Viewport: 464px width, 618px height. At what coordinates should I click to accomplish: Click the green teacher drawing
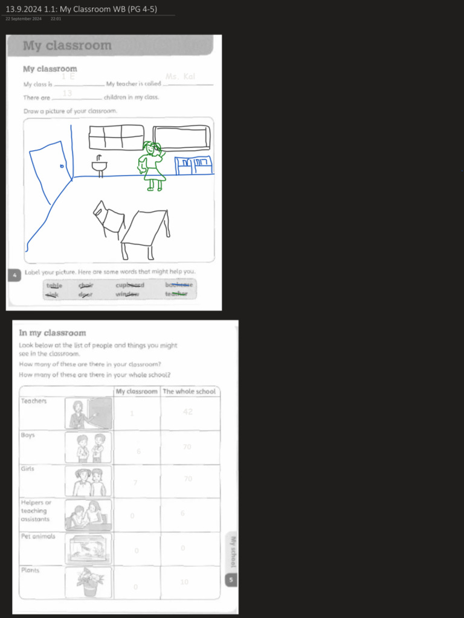pos(152,166)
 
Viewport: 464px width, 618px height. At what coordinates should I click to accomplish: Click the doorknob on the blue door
pos(62,165)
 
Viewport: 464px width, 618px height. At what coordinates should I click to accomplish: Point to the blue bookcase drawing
pos(193,165)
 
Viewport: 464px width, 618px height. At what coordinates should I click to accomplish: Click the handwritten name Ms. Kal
pos(180,77)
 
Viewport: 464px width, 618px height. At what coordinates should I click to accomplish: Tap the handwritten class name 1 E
pos(68,77)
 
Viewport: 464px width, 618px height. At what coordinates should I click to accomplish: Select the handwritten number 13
pos(67,94)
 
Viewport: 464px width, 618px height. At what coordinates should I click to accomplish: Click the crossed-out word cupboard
pos(130,285)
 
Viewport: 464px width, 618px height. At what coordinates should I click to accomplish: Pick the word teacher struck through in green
pos(176,294)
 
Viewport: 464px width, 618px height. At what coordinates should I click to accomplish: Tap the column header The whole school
pos(189,391)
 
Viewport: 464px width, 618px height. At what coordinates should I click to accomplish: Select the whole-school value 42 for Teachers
pos(187,412)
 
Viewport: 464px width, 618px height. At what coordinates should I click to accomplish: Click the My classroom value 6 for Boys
pos(138,451)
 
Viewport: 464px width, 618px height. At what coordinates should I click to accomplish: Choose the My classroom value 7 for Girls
pos(135,482)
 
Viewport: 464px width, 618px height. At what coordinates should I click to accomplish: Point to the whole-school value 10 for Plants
pos(184,582)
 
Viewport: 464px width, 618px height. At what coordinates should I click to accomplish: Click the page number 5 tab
pos(231,581)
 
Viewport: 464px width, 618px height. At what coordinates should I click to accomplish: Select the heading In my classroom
pos(53,333)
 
